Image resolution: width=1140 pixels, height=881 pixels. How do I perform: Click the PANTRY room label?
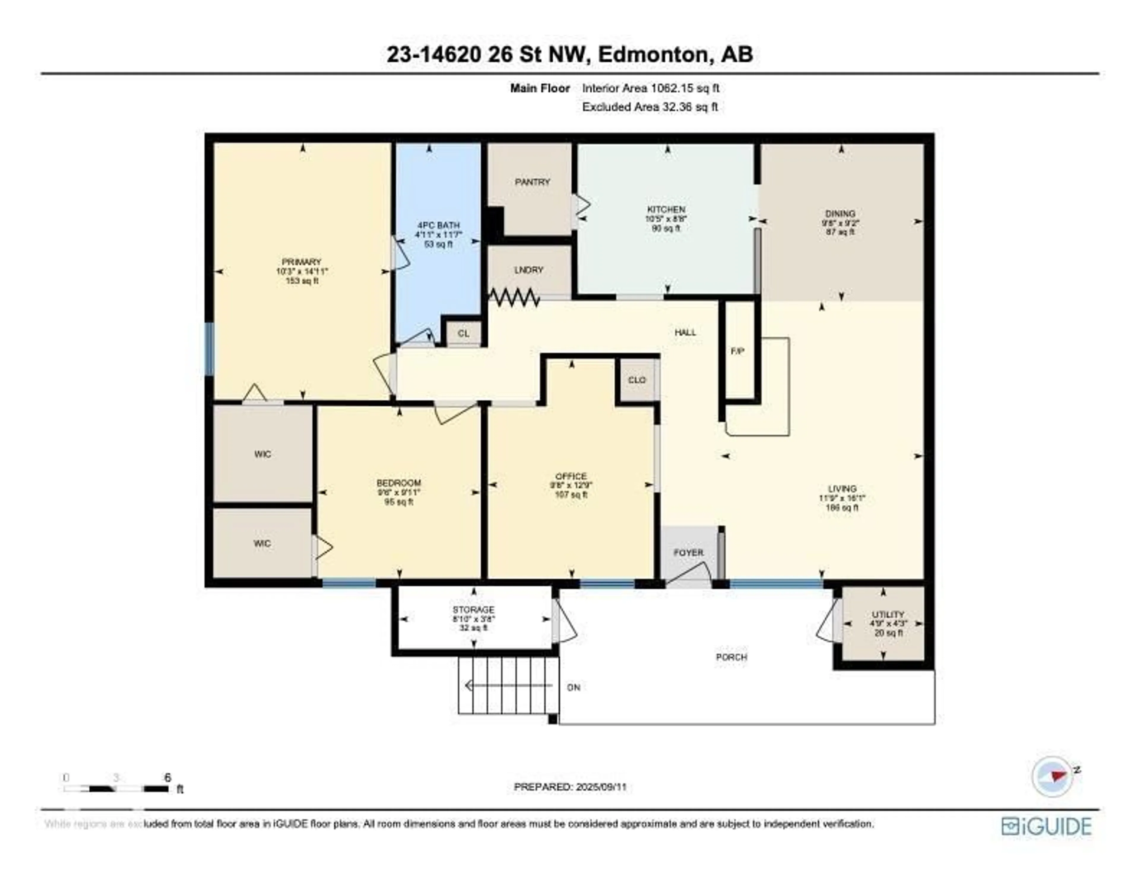tap(532, 182)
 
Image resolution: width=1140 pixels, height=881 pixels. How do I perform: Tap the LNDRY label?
tap(529, 270)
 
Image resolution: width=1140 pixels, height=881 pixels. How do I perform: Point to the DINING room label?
tap(840, 213)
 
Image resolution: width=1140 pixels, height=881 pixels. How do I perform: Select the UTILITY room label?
tap(887, 615)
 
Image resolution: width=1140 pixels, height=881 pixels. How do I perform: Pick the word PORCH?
tap(731, 657)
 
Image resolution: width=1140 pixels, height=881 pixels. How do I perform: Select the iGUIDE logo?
tap(1046, 826)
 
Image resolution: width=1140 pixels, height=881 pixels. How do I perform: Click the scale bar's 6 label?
tap(167, 778)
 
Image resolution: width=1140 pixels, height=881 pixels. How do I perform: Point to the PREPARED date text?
tap(570, 787)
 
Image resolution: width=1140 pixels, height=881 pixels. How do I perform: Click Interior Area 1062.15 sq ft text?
tap(650, 88)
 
